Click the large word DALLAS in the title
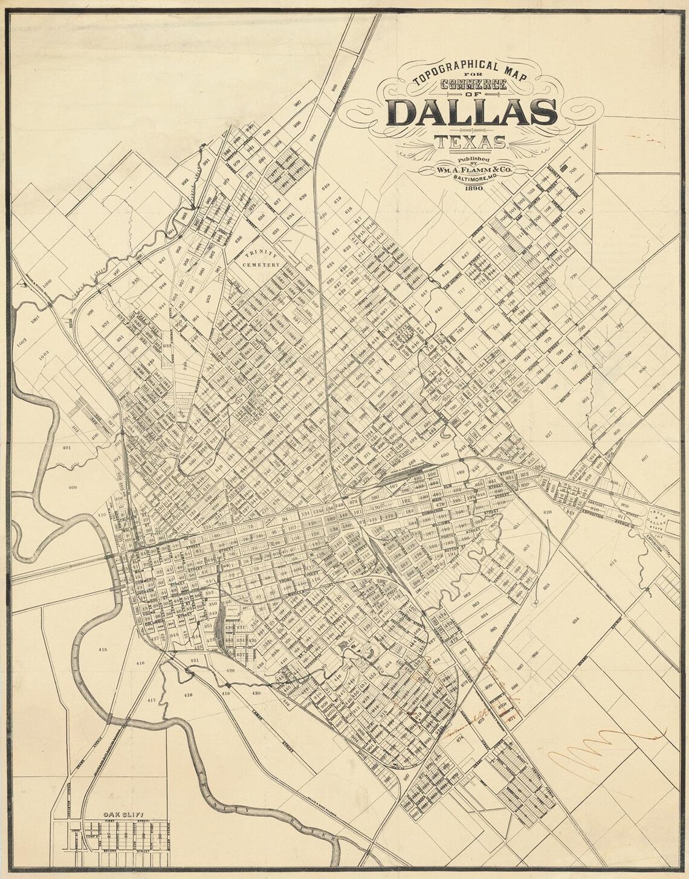(473, 112)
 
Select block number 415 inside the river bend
(102, 649)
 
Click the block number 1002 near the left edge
(22, 341)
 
